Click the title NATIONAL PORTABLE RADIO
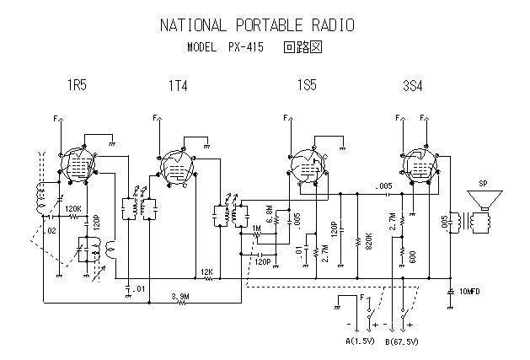click(x=257, y=25)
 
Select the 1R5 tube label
click(x=78, y=85)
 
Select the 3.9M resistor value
click(x=180, y=296)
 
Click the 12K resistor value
click(x=206, y=271)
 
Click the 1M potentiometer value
click(x=255, y=228)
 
